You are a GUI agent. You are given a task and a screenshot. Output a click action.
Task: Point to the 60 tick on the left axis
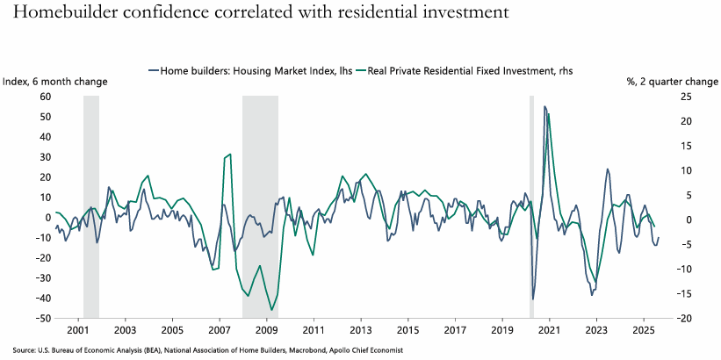44,97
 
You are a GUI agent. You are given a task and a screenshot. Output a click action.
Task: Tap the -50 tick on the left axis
42,318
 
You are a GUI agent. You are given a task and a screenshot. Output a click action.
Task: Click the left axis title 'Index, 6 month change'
55,81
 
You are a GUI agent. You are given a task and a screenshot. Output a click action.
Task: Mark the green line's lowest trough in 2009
272,309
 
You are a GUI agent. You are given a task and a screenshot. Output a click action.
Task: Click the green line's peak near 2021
549,114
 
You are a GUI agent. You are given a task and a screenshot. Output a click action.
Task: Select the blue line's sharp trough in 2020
533,299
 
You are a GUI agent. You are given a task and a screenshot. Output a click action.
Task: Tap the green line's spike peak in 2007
230,155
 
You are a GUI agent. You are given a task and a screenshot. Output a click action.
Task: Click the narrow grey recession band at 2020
531,206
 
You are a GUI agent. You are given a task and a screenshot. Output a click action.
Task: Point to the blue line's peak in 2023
607,169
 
